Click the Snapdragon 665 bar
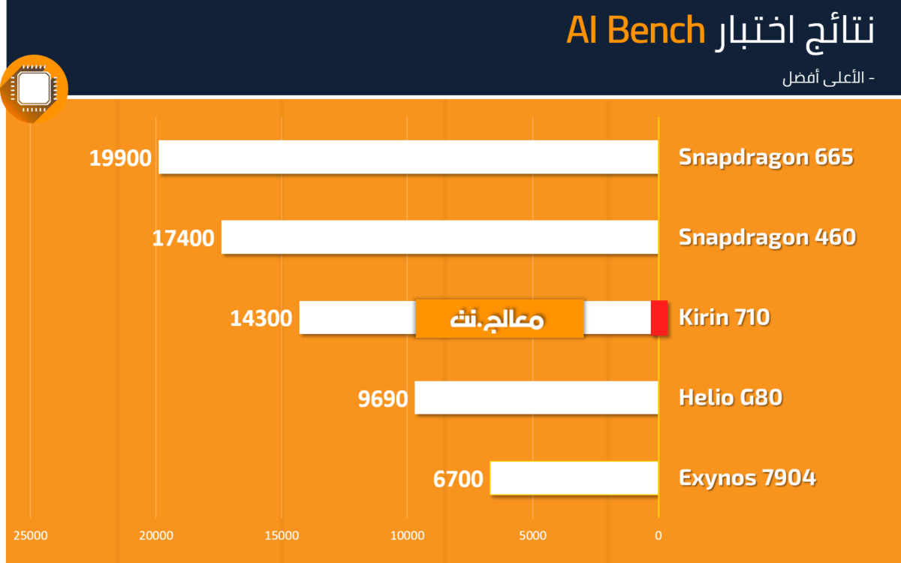coord(408,157)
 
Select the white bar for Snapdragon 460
coord(440,237)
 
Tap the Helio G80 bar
coord(536,398)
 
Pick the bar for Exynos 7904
coord(574,478)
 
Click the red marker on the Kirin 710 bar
coord(659,318)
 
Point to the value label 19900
coord(120,158)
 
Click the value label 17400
coord(183,238)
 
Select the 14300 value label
coord(261,318)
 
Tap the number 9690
coord(383,399)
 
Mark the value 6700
coord(458,480)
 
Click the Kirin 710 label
coord(725,318)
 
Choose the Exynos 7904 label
coord(747,478)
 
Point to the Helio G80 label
coord(731,398)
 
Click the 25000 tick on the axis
coord(31,536)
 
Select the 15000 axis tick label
coord(282,536)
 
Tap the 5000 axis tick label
coord(532,536)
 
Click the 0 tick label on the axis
coord(658,536)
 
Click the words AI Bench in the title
coord(635,30)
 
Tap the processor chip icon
coord(35,89)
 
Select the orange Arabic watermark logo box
coord(499,318)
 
